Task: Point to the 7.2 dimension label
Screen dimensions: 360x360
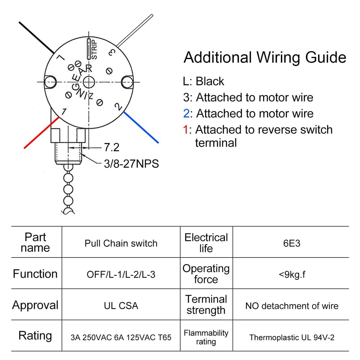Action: pyautogui.click(x=111, y=147)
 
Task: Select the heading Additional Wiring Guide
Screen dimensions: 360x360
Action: pyautogui.click(x=265, y=58)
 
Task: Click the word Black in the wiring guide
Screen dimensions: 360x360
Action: pyautogui.click(x=210, y=81)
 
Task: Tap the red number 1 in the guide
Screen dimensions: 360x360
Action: pyautogui.click(x=186, y=129)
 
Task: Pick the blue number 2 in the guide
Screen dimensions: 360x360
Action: pyautogui.click(x=186, y=114)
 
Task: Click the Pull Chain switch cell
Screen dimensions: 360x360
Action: pyautogui.click(x=121, y=243)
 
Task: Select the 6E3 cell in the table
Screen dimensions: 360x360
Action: pyautogui.click(x=291, y=243)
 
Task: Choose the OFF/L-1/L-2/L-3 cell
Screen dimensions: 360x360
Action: pyautogui.click(x=121, y=274)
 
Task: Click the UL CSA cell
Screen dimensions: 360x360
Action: pyautogui.click(x=121, y=306)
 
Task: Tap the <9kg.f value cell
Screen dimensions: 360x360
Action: pyautogui.click(x=291, y=274)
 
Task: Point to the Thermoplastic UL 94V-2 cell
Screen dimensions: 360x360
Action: pyautogui.click(x=291, y=337)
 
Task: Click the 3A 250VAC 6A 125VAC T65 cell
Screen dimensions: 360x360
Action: pyautogui.click(x=121, y=337)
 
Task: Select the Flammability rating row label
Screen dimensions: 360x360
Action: pyautogui.click(x=206, y=337)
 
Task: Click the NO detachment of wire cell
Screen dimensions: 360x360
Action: pyautogui.click(x=291, y=306)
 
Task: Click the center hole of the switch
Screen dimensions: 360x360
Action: pyautogui.click(x=88, y=81)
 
